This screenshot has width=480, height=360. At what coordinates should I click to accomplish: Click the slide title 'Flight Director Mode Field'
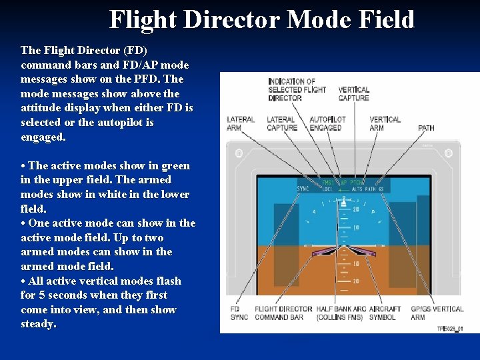click(262, 19)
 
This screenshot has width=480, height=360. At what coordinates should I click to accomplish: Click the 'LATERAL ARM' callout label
click(240, 123)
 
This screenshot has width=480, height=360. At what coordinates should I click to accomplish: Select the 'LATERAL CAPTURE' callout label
click(282, 123)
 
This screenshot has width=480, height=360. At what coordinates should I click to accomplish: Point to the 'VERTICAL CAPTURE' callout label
click(353, 94)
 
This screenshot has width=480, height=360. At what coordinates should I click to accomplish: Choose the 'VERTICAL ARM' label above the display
click(385, 123)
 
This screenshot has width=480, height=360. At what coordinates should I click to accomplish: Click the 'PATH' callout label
click(426, 127)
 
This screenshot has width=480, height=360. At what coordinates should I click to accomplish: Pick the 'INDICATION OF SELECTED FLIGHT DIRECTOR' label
click(297, 89)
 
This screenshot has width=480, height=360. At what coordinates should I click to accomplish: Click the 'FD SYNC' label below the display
click(239, 313)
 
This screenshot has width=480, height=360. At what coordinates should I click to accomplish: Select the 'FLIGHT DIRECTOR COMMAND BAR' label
click(283, 313)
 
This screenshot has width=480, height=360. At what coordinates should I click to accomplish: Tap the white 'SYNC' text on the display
click(303, 189)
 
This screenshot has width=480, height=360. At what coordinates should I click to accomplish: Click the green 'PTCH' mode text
click(358, 181)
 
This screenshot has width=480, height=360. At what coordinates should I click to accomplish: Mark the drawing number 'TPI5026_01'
click(450, 328)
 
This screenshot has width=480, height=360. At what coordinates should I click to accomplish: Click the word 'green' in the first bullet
click(175, 165)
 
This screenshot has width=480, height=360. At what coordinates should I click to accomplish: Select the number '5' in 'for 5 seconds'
click(41, 295)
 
